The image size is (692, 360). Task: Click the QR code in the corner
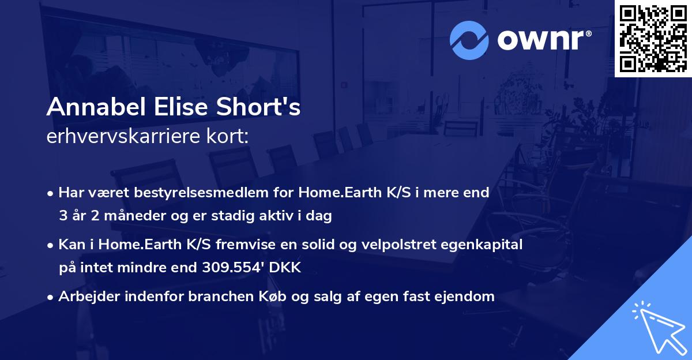[x=653, y=39]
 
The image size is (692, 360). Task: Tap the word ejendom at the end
[x=468, y=297]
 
